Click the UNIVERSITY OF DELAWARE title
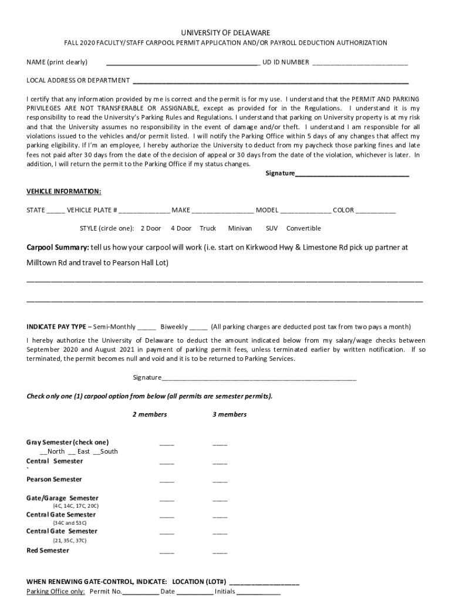(x=225, y=33)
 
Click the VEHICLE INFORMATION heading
(x=64, y=191)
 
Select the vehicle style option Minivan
(x=240, y=228)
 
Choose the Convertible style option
(x=303, y=228)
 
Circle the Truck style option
(x=208, y=228)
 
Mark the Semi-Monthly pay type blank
(x=147, y=327)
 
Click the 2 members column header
(x=149, y=414)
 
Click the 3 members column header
(x=230, y=414)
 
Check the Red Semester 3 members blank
(x=220, y=552)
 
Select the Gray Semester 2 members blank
(x=167, y=444)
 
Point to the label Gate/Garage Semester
(x=62, y=498)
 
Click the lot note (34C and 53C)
(x=70, y=522)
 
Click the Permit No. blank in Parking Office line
(x=140, y=592)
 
